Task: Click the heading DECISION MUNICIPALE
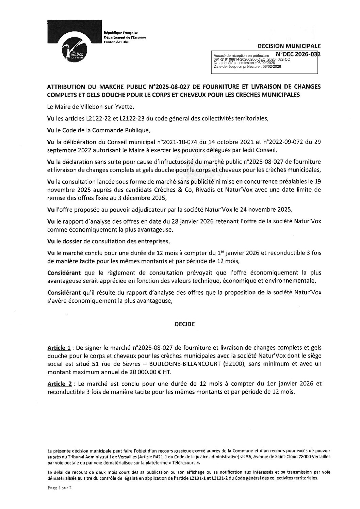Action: [289, 46]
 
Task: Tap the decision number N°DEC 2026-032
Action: [298, 54]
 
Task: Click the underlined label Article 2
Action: [59, 384]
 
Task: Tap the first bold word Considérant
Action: [64, 273]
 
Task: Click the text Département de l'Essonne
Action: [125, 37]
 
